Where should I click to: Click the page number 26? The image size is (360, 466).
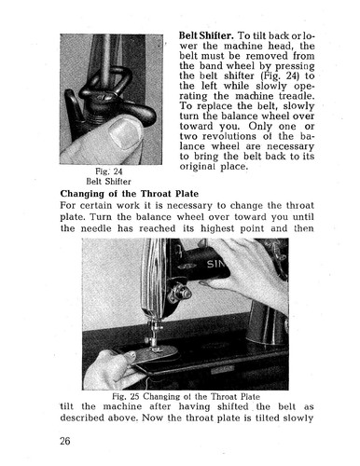(66, 440)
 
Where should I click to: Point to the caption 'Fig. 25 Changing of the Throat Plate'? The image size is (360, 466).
(183, 395)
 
